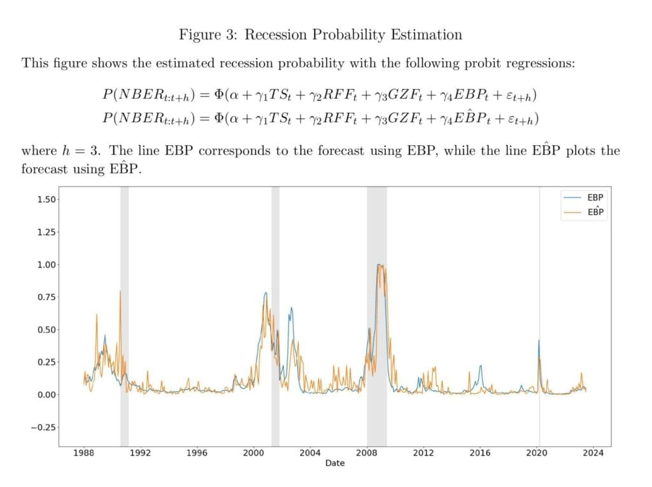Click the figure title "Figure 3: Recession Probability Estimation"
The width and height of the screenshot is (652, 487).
coord(320,34)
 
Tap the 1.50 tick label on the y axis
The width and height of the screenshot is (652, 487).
coord(46,199)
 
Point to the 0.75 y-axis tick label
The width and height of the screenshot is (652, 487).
coord(46,297)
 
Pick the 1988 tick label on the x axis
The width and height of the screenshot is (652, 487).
coord(84,453)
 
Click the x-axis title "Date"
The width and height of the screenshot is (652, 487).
coord(335,463)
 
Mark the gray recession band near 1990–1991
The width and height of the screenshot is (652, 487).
coord(124,318)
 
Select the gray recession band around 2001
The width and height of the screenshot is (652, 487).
coord(275,318)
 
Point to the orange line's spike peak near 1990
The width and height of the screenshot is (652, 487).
coord(120,292)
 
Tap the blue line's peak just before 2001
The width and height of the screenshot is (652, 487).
coord(265,293)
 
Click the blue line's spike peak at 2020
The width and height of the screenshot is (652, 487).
coord(539,341)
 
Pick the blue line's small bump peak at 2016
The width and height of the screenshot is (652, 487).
coord(481,365)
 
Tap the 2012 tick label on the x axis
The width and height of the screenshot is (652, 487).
coord(423,453)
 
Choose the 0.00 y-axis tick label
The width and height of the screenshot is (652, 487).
coord(46,395)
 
